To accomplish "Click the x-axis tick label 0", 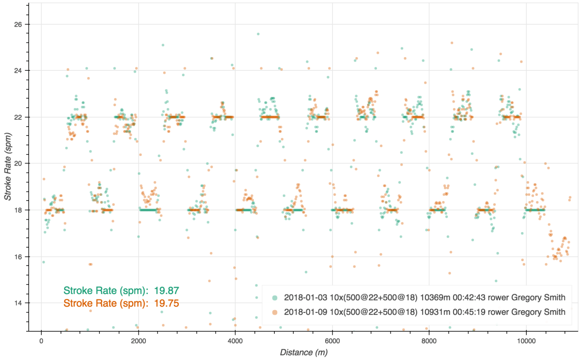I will (x=41, y=340).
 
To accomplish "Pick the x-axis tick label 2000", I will (x=138, y=340).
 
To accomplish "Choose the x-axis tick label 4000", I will (x=235, y=340).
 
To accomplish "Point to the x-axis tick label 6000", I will (x=332, y=340).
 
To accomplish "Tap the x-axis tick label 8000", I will (x=429, y=340).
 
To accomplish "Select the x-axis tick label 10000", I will (x=526, y=340).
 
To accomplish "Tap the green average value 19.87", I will (x=167, y=291).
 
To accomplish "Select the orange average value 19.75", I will (x=167, y=303).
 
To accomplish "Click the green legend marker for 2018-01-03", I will (x=275, y=297).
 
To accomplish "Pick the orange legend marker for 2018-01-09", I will (x=275, y=312).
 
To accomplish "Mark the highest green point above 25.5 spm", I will (x=258, y=34).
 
